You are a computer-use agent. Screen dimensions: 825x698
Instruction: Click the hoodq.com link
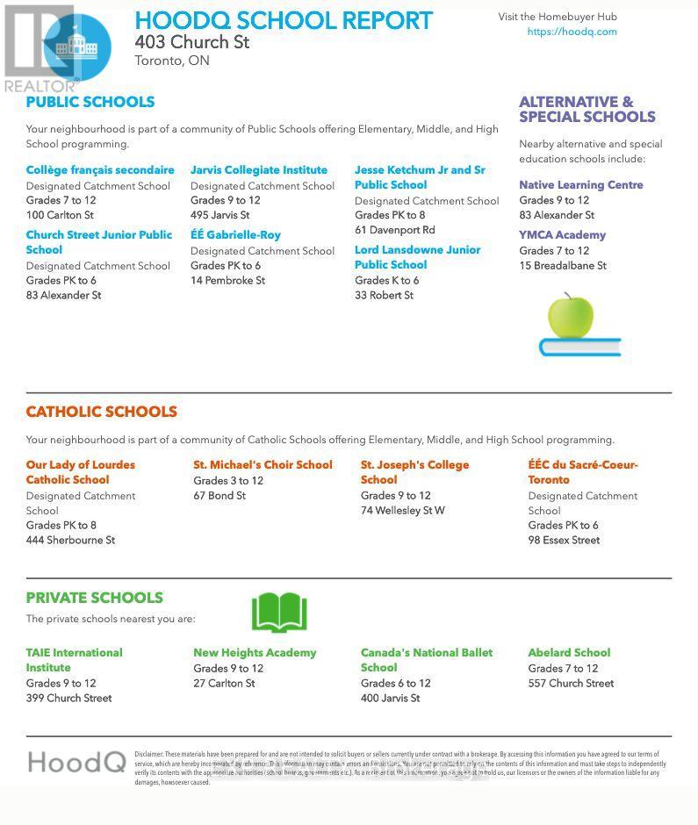[572, 32]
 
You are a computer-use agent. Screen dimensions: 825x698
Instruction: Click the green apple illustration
[571, 317]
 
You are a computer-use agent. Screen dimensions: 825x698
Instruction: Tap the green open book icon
[279, 613]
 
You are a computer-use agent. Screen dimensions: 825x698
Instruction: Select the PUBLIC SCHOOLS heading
[90, 102]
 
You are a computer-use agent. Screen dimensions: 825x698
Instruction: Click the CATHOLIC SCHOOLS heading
[101, 412]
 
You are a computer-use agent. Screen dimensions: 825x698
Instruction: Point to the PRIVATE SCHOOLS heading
[94, 598]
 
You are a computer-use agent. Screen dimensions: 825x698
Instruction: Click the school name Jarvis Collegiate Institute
[259, 170]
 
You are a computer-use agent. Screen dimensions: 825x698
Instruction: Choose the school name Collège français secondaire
[100, 170]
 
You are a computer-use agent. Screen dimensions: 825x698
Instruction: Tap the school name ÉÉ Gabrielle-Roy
[235, 235]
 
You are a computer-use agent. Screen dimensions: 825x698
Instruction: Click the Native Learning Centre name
[580, 185]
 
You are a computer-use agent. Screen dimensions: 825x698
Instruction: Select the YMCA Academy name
[562, 235]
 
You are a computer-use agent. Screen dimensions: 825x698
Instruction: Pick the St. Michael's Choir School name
[263, 465]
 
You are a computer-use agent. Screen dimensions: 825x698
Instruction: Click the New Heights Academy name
[255, 653]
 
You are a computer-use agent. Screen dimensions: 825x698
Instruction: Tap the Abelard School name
[569, 653]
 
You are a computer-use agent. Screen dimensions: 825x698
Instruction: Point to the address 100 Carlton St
[60, 215]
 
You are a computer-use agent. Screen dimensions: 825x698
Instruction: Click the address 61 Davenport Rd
[394, 230]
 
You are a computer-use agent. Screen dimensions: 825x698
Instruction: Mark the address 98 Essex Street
[564, 541]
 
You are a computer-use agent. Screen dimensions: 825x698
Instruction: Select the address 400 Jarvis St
[390, 699]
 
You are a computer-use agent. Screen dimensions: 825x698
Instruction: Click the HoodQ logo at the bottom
[76, 762]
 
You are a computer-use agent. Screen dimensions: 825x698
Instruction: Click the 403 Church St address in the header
[192, 42]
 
